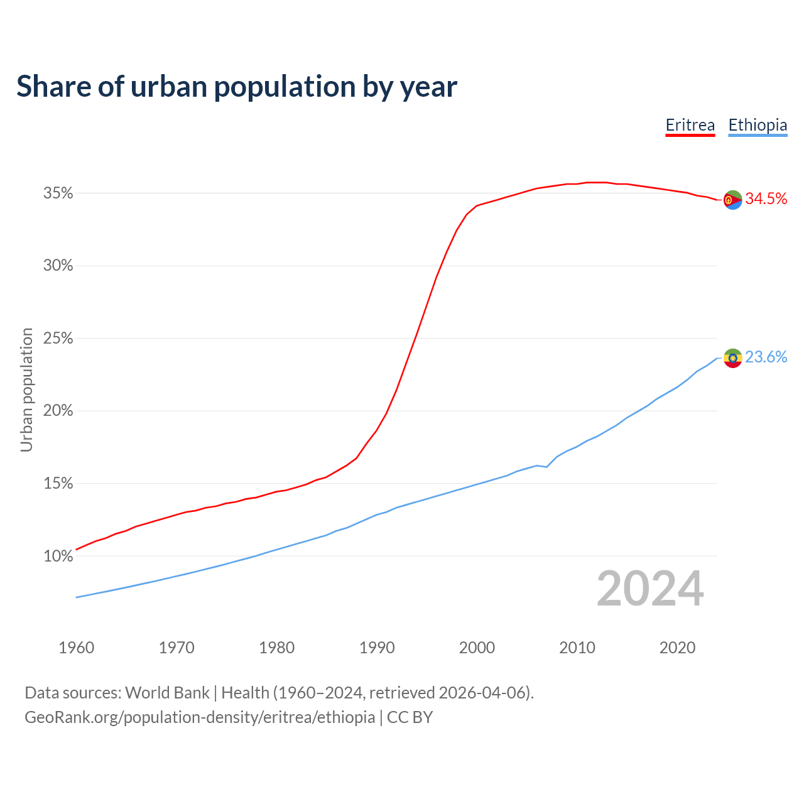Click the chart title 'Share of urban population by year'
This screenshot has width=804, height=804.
pyautogui.click(x=237, y=87)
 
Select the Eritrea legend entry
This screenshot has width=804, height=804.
pyautogui.click(x=690, y=125)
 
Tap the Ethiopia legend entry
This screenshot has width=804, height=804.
pyautogui.click(x=758, y=125)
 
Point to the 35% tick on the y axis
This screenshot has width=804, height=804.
pyautogui.click(x=58, y=193)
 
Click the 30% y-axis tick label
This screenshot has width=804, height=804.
pyautogui.click(x=58, y=266)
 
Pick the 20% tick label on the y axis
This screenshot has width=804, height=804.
pyautogui.click(x=58, y=411)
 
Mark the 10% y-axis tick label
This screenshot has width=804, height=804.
pyautogui.click(x=58, y=556)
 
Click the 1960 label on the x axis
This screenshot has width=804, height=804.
pyautogui.click(x=76, y=648)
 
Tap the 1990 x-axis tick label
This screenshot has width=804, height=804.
pyautogui.click(x=377, y=648)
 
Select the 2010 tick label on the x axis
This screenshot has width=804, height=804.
pyautogui.click(x=577, y=648)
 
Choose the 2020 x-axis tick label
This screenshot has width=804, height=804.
pyautogui.click(x=677, y=648)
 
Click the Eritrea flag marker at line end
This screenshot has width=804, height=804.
pyautogui.click(x=732, y=200)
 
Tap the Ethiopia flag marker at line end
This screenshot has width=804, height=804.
pyautogui.click(x=732, y=358)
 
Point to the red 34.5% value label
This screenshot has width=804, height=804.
pyautogui.click(x=766, y=199)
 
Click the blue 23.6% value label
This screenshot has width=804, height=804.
pyautogui.click(x=766, y=357)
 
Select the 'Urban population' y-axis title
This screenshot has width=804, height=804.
pyautogui.click(x=26, y=389)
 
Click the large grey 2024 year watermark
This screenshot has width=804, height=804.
pyautogui.click(x=650, y=589)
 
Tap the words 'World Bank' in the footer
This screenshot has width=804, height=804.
pyautogui.click(x=167, y=693)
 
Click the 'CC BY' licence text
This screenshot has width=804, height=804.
pyautogui.click(x=410, y=717)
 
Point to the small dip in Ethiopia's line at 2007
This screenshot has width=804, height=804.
pyautogui.click(x=546, y=467)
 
